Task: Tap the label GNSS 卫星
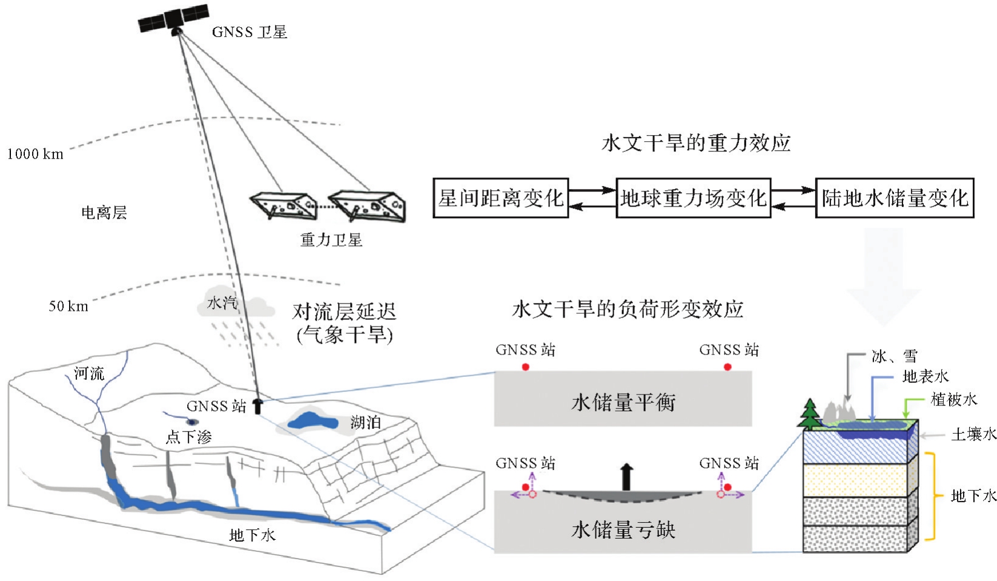[x=249, y=32]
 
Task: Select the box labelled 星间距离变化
[x=500, y=198]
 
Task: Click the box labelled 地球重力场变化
[x=693, y=198]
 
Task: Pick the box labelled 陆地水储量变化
[x=894, y=198]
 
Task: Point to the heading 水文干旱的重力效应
[x=696, y=143]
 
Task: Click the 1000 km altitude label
[x=35, y=154]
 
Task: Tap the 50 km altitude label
[x=68, y=306]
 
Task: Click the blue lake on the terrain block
[x=312, y=420]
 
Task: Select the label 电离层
[x=104, y=213]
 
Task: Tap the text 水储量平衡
[x=623, y=402]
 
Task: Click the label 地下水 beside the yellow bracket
[x=973, y=496]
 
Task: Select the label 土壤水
[x=973, y=434]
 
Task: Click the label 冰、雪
[x=894, y=356]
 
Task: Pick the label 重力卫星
[x=331, y=240]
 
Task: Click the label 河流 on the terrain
[x=89, y=373]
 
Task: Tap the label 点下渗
[x=188, y=437]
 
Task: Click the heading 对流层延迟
[x=344, y=312]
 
